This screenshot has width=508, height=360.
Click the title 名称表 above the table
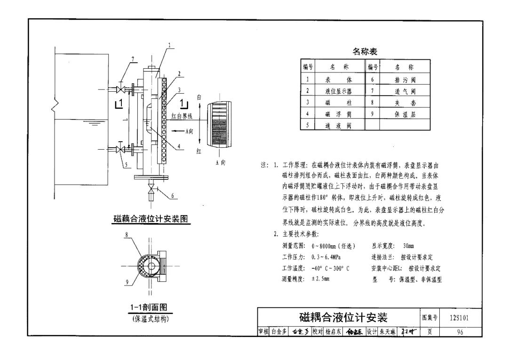tap(365, 51)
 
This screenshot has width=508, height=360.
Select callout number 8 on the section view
tap(127, 234)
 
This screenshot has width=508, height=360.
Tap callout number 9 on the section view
tap(127, 282)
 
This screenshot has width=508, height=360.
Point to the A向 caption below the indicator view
tap(220, 162)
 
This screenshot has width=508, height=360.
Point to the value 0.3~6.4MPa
tap(326, 257)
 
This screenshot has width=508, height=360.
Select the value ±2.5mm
tap(320, 279)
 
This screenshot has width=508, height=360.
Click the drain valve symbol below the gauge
tap(151, 189)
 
